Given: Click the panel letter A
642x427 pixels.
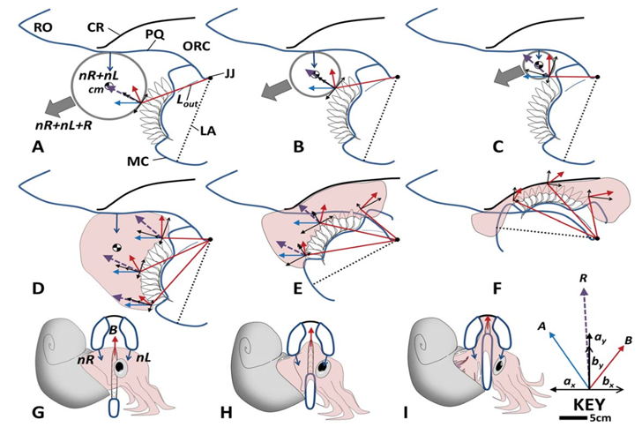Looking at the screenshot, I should (x=37, y=147).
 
